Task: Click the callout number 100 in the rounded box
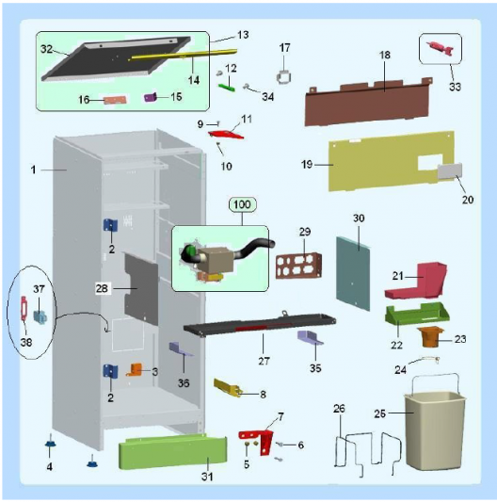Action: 242,204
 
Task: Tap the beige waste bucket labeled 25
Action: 435,429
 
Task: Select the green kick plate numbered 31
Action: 173,451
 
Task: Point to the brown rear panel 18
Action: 368,102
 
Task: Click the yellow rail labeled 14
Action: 184,54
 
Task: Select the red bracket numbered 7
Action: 259,440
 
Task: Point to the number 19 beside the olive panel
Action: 307,165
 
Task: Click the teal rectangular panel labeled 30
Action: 353,273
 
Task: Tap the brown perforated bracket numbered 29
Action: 298,266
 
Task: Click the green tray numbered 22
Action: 417,315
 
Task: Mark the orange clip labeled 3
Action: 135,370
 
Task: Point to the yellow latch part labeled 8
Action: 227,387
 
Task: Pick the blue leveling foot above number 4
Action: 50,443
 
